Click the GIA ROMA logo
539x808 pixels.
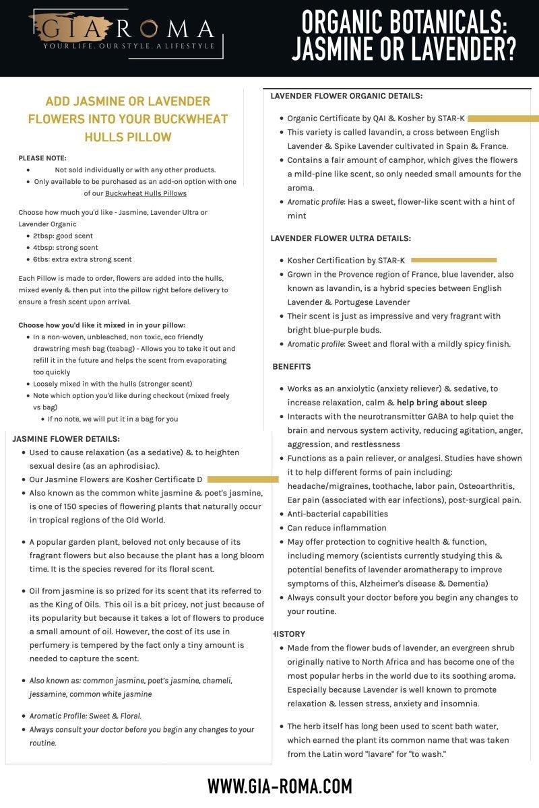121,30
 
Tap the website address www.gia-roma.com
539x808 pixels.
279,786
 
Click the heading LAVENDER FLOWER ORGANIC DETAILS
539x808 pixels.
346,96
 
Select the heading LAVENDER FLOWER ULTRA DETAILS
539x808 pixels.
340,238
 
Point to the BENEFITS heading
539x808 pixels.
292,367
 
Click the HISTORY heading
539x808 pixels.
290,634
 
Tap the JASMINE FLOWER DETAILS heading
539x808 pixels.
66,438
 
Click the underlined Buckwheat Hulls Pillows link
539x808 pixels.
146,193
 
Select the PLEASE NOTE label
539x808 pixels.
42,158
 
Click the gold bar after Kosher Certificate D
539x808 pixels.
243,479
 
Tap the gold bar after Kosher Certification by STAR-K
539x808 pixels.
453,260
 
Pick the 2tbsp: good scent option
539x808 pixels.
63,236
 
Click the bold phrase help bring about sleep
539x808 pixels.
441,403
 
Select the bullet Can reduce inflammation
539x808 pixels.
337,528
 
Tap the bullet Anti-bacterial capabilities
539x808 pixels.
338,514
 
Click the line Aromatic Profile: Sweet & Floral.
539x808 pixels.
86,716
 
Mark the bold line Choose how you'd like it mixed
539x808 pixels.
102,325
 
